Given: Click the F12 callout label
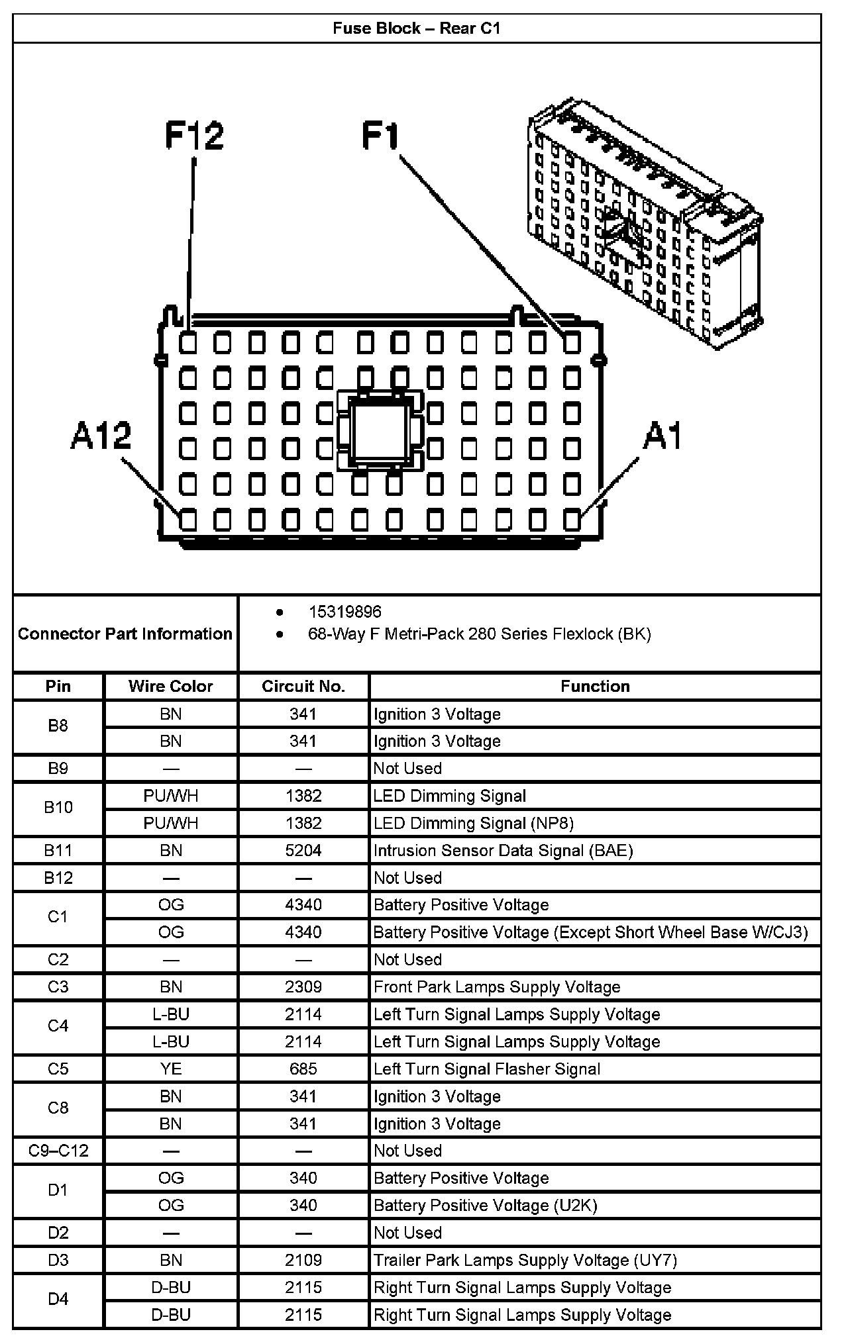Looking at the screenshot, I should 194,136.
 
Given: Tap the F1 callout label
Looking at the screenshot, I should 381,136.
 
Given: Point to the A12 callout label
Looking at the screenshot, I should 101,436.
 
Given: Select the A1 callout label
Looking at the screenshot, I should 662,436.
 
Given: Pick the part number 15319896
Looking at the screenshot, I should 345,612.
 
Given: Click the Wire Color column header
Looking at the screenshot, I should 170,687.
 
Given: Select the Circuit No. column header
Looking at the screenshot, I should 303,687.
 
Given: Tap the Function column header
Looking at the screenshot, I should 595,687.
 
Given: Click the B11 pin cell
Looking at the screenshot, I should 58,850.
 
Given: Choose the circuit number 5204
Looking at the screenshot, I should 303,850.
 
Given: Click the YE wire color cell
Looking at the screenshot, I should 170,1069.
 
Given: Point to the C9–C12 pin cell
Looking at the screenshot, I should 58,1151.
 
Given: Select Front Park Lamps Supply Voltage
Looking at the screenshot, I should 497,987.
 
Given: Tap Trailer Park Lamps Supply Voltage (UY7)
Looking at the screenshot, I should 525,1260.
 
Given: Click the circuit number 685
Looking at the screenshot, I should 303,1069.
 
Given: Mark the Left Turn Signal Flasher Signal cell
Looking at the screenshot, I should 487,1069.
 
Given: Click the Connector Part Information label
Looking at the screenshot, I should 125,634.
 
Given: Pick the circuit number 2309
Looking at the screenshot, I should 303,987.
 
